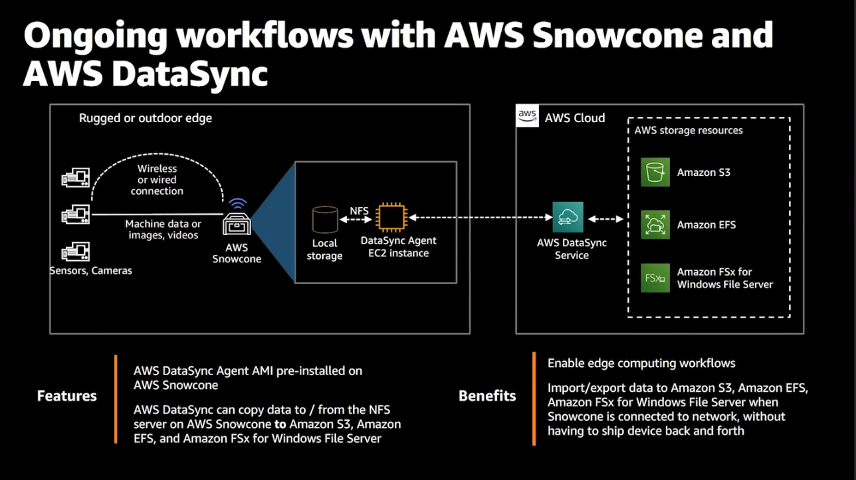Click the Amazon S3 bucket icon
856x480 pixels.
pyautogui.click(x=655, y=172)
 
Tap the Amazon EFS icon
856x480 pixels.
pyautogui.click(x=655, y=224)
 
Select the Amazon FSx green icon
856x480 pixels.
pyautogui.click(x=655, y=278)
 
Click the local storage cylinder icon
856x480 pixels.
pyautogui.click(x=325, y=220)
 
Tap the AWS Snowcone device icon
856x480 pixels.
pyautogui.click(x=237, y=224)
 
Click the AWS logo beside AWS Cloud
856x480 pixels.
pyautogui.click(x=528, y=116)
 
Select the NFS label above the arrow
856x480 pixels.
pyautogui.click(x=359, y=210)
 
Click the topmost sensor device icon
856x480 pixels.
pyautogui.click(x=75, y=177)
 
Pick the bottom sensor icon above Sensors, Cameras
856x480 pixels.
pyautogui.click(x=75, y=252)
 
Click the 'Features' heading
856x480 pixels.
pyautogui.click(x=67, y=396)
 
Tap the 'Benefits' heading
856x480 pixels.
pyautogui.click(x=487, y=396)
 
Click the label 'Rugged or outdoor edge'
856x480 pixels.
pyautogui.click(x=146, y=118)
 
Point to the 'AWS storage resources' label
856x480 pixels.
pyautogui.click(x=689, y=130)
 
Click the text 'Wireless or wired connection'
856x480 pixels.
pyautogui.click(x=157, y=180)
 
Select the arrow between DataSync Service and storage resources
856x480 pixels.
pyautogui.click(x=605, y=219)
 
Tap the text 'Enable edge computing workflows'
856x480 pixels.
pyautogui.click(x=641, y=363)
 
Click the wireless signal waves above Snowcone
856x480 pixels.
pyautogui.click(x=237, y=203)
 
